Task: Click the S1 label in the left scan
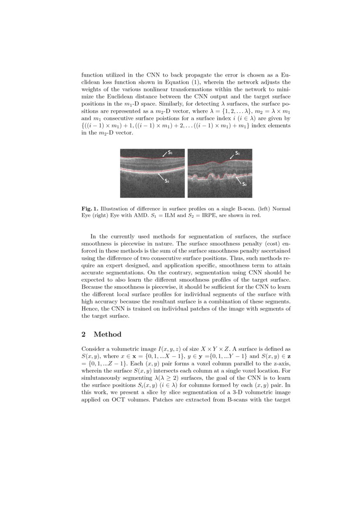tap(170, 153)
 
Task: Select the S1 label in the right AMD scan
tap(237, 153)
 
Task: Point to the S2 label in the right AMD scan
tap(244, 184)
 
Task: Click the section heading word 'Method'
tap(108, 334)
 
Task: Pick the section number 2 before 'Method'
tap(84, 334)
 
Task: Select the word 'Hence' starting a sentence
tap(90, 308)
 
